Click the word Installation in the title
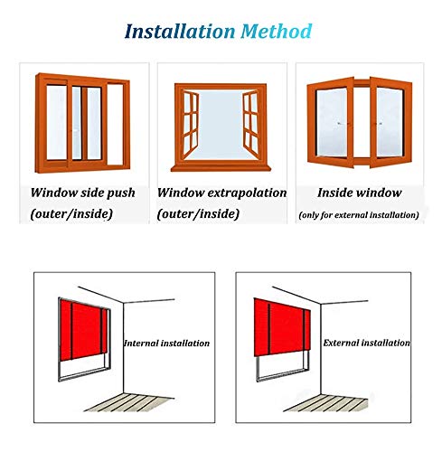(180, 32)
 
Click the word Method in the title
(276, 32)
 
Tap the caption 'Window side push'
(83, 193)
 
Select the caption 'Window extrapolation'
(222, 193)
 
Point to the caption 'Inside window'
(360, 193)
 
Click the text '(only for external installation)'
(359, 215)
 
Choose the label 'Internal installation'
(166, 344)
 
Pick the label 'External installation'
(367, 343)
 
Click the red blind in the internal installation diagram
(83, 330)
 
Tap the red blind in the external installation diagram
(282, 327)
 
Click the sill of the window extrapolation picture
(221, 167)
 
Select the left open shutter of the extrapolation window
(191, 124)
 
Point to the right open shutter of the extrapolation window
(250, 124)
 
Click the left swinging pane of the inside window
(331, 122)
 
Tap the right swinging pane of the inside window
(390, 122)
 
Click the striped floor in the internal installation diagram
(129, 402)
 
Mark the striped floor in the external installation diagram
(326, 403)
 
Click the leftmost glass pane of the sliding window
(57, 122)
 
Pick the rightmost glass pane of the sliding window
(115, 125)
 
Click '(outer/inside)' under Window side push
(71, 214)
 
